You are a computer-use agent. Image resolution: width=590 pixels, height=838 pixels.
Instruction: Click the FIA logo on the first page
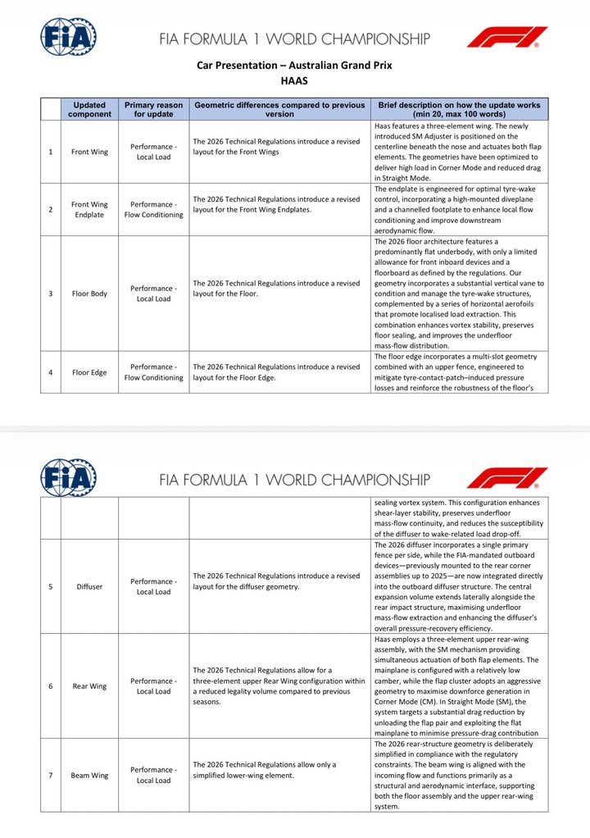tap(69, 37)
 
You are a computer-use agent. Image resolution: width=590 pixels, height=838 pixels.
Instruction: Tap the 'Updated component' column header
tap(89, 110)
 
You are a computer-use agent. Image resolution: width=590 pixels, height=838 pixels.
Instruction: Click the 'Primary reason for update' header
tap(153, 110)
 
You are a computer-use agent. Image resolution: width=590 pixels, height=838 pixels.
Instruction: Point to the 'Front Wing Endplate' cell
tap(89, 210)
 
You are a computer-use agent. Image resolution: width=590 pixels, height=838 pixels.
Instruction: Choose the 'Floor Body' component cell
tap(89, 294)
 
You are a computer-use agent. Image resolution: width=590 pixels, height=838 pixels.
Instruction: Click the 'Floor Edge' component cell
tap(89, 372)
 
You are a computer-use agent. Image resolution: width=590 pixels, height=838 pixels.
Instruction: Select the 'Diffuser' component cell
tap(89, 586)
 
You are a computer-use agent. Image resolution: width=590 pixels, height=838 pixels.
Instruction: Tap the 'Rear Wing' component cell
tap(89, 686)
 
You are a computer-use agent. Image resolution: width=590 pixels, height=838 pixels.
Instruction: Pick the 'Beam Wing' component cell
tap(89, 775)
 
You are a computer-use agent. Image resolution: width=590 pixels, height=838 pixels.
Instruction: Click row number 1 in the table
tap(51, 152)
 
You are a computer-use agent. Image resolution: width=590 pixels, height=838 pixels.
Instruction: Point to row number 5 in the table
tap(51, 586)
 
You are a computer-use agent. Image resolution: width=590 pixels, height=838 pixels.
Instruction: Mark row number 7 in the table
tap(51, 775)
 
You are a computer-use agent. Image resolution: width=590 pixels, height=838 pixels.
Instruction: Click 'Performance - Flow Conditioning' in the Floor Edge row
tap(153, 372)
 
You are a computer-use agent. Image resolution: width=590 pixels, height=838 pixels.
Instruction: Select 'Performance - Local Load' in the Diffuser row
tap(153, 586)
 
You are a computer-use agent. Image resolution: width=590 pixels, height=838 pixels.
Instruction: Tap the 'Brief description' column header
tap(459, 110)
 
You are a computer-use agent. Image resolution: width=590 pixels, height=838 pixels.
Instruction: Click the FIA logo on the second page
tap(69, 478)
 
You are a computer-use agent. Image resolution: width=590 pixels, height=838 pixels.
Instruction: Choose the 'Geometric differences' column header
tap(279, 110)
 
